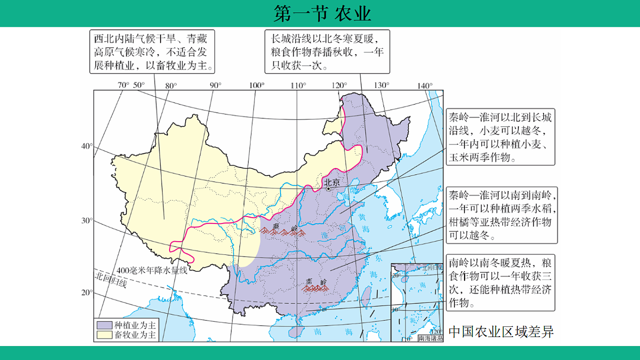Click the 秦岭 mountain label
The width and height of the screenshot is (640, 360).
click(x=276, y=227)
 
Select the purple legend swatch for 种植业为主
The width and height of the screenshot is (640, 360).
click(x=104, y=325)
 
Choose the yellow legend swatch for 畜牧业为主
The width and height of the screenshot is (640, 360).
click(x=104, y=334)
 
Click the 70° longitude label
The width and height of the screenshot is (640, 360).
click(x=123, y=85)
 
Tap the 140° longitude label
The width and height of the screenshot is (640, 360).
click(x=425, y=85)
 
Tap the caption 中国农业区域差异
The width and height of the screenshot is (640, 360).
click(x=501, y=332)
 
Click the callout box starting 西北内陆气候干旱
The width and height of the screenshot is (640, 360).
click(x=152, y=52)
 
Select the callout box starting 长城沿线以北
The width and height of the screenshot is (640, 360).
click(x=327, y=52)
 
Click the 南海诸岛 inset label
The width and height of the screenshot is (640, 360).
click(x=430, y=338)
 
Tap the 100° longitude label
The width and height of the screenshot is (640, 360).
click(x=256, y=85)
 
